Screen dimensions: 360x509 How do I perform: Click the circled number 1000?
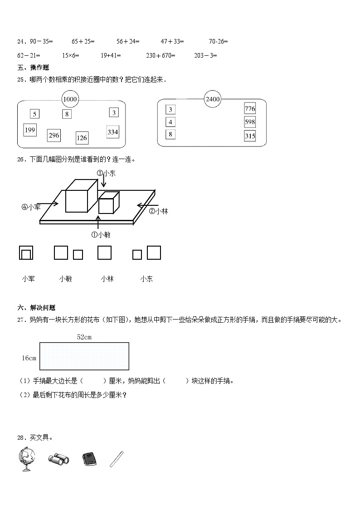(x=70, y=99)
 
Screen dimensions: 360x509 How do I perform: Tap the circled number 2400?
(x=212, y=99)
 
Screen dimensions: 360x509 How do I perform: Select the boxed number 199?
(x=30, y=130)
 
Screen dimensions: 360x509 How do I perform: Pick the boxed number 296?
(x=54, y=135)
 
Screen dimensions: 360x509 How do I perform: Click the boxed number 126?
(x=82, y=138)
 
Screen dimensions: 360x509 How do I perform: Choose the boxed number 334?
(x=112, y=132)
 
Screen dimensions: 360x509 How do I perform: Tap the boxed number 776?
(x=250, y=109)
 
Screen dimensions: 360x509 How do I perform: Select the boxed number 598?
(x=250, y=122)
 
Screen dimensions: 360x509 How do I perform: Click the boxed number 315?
(x=250, y=136)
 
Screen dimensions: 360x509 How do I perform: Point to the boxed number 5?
(x=35, y=114)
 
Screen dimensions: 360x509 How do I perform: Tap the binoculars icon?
(x=58, y=460)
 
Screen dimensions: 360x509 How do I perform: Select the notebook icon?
(x=89, y=459)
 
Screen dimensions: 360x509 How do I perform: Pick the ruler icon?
(x=117, y=459)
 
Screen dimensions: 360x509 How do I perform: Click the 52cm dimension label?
(x=84, y=337)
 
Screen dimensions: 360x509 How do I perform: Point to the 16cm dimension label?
(x=29, y=358)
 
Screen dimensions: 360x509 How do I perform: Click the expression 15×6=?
(x=71, y=55)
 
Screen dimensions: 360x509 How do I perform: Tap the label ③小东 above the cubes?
(x=106, y=173)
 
